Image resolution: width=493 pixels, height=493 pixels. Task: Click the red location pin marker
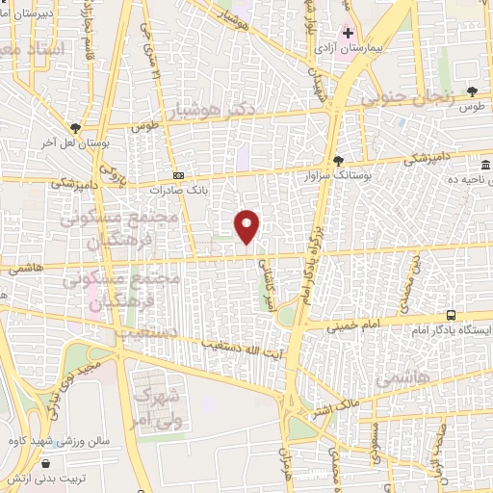coord(248,226)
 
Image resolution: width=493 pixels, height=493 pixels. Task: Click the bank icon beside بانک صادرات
coord(179,175)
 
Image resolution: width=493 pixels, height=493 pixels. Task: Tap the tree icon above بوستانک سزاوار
coord(337,161)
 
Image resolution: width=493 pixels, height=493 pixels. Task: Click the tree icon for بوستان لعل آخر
coord(75,127)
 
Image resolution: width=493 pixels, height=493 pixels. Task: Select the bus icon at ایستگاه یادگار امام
coord(452,315)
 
